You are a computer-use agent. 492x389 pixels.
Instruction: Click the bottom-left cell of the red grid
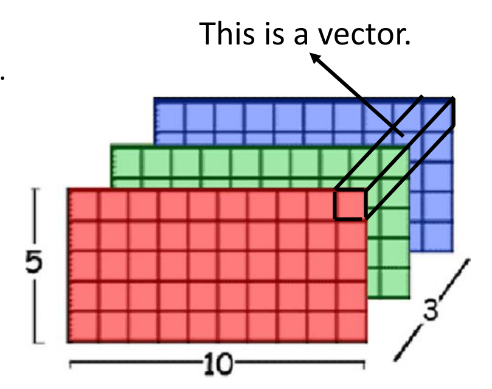[x=83, y=326]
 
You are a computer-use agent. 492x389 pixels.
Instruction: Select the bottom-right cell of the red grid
[x=352, y=326]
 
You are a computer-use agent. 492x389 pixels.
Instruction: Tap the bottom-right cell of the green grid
[x=395, y=284]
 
